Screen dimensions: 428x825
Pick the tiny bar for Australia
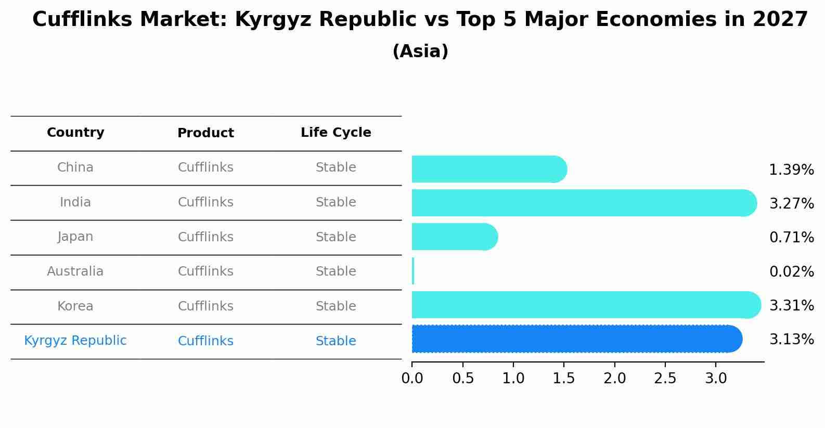(413, 271)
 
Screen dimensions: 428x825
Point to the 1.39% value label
(791, 170)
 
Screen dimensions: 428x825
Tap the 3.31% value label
(791, 305)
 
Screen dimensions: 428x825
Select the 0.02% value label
(791, 271)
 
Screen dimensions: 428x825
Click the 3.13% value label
(791, 340)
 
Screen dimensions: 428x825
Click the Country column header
(75, 133)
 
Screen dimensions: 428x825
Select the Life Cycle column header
(336, 133)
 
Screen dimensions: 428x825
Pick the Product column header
(205, 133)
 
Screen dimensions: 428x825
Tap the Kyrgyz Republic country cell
(75, 341)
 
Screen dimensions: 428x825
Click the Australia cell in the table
(75, 271)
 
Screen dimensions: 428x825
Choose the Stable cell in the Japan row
(336, 237)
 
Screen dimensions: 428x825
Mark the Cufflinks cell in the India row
(205, 202)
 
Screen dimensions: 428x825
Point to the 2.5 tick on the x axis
(665, 379)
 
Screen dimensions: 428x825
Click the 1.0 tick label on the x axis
(513, 379)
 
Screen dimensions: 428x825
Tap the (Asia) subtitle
(420, 51)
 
